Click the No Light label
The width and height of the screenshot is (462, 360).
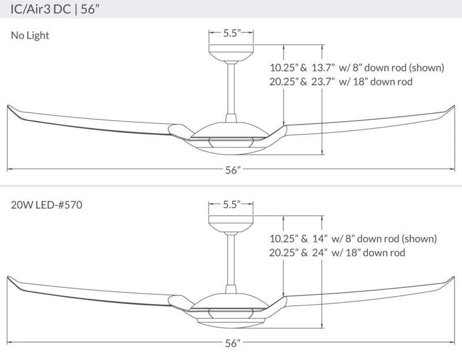[x=30, y=35]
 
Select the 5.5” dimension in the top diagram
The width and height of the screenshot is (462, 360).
[x=231, y=33]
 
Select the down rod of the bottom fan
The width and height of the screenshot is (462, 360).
[x=231, y=260]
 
